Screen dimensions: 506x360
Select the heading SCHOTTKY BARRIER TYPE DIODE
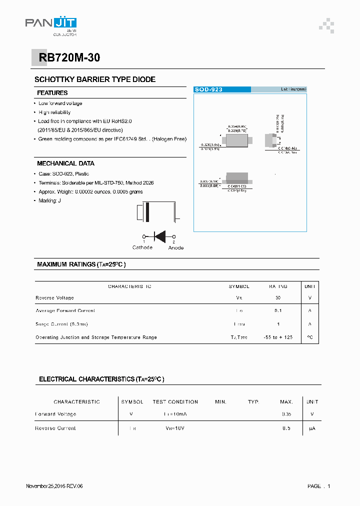pyautogui.click(x=95, y=79)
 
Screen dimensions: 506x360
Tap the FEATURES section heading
pyautogui.click(x=52, y=93)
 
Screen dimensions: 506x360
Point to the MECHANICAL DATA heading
pyautogui.click(x=65, y=163)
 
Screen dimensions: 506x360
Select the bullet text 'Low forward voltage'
pyautogui.click(x=60, y=103)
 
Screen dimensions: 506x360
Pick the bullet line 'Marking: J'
pyautogui.click(x=51, y=201)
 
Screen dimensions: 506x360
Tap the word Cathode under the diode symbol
pyautogui.click(x=142, y=247)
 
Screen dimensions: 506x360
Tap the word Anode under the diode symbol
pyautogui.click(x=176, y=247)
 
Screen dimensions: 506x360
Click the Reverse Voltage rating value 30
pyautogui.click(x=278, y=298)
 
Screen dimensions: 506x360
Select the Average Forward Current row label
pyautogui.click(x=65, y=311)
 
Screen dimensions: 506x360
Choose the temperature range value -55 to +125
pyautogui.click(x=278, y=337)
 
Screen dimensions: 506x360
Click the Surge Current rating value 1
pyautogui.click(x=278, y=324)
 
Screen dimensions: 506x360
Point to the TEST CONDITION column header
pyautogui.click(x=175, y=402)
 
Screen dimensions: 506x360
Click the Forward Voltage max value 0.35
pyautogui.click(x=286, y=414)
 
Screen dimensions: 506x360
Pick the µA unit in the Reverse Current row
pyautogui.click(x=312, y=428)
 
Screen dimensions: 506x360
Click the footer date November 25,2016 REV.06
pyautogui.click(x=54, y=486)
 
